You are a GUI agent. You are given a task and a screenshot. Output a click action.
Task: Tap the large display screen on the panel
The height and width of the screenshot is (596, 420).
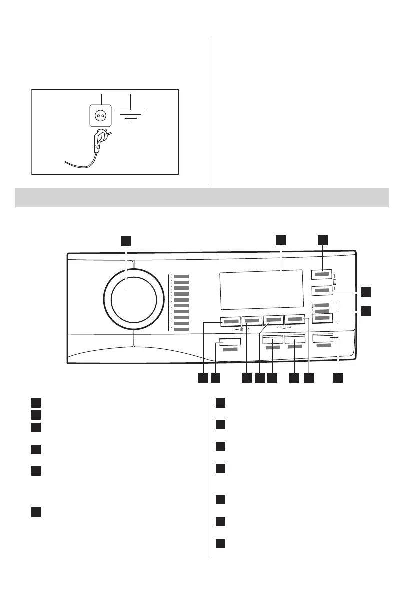coord(261,289)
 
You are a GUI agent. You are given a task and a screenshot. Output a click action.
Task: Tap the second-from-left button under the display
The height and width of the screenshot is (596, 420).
coord(252,320)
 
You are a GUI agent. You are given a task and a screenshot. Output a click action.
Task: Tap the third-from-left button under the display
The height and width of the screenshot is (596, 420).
coord(273,320)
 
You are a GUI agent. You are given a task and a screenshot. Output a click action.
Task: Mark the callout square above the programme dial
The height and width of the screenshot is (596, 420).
coord(127,240)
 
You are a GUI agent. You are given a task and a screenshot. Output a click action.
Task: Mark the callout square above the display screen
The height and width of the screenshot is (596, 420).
coord(281,240)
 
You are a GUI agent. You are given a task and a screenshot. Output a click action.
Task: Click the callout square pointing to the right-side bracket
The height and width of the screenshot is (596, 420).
coord(366,311)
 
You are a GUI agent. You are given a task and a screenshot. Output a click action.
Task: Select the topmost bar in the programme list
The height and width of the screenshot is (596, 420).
coord(181,276)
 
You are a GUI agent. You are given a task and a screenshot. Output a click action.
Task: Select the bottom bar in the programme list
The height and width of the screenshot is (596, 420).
coord(181,330)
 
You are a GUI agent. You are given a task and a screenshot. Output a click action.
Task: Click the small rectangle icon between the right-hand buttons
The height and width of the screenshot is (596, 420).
coord(335,282)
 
